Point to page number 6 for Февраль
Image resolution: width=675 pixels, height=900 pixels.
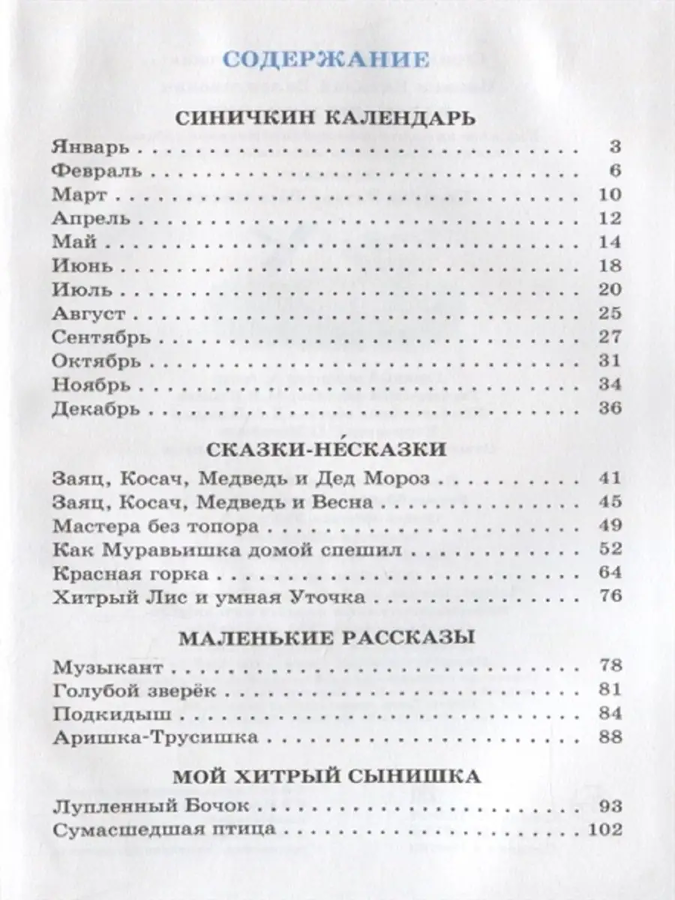[x=616, y=170]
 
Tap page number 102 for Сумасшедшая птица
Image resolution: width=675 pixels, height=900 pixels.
[x=606, y=830]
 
